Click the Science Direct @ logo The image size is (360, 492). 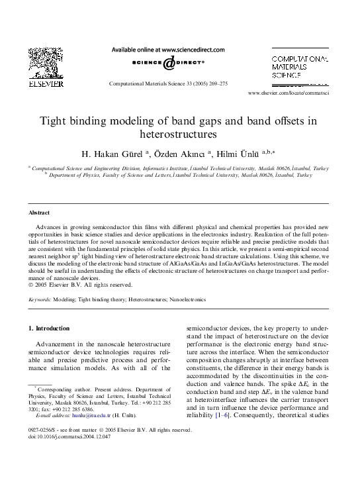click(167, 64)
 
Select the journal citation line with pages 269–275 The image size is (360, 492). click(167, 84)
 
